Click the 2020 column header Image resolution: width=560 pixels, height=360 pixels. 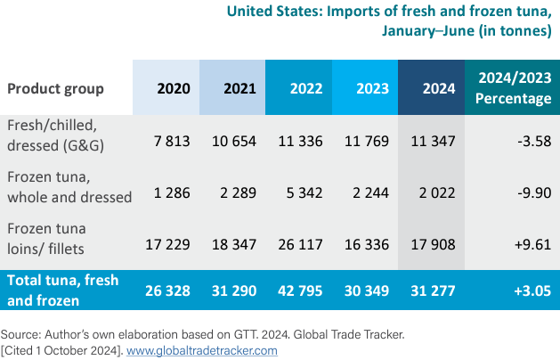[x=166, y=88]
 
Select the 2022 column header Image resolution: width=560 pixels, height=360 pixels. [x=299, y=88]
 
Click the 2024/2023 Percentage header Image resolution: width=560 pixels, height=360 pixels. [x=513, y=88]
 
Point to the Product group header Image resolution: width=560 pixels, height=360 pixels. [x=55, y=88]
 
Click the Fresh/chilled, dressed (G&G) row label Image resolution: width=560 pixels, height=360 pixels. [x=61, y=134]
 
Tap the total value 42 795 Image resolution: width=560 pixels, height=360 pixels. [x=299, y=290]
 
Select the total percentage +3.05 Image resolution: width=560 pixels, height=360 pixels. [x=532, y=290]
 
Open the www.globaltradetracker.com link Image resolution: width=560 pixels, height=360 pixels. [x=202, y=350]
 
